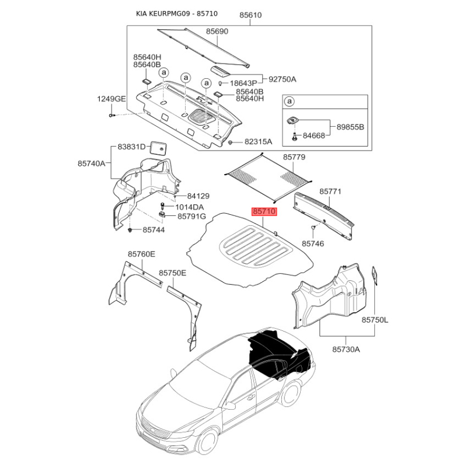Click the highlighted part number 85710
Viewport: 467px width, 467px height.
pyautogui.click(x=264, y=212)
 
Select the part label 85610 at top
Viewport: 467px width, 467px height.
pyautogui.click(x=250, y=15)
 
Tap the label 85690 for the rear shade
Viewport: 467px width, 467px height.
pyautogui.click(x=217, y=32)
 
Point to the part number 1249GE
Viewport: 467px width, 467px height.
pyautogui.click(x=111, y=99)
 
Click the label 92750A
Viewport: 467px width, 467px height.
pyautogui.click(x=283, y=79)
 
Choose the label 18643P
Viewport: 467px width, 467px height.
pyautogui.click(x=243, y=83)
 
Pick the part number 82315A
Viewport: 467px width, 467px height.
pyautogui.click(x=258, y=141)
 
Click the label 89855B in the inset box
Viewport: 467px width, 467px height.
pyautogui.click(x=350, y=127)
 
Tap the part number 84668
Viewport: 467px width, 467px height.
pyautogui.click(x=313, y=135)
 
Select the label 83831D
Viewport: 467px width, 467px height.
pyautogui.click(x=131, y=147)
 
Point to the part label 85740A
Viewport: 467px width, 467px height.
pyautogui.click(x=92, y=163)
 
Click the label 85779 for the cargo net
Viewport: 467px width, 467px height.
pyautogui.click(x=294, y=157)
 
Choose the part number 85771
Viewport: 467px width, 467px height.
pyautogui.click(x=330, y=191)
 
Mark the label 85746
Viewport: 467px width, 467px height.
pyautogui.click(x=313, y=243)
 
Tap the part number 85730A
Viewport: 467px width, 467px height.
pyautogui.click(x=346, y=349)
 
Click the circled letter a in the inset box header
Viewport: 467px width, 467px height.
pyautogui.click(x=289, y=102)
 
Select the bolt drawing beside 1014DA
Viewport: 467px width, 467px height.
pyautogui.click(x=162, y=205)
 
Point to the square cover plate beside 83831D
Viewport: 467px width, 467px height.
pyautogui.click(x=158, y=148)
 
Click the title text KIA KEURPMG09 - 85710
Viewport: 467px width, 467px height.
pyautogui.click(x=177, y=13)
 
